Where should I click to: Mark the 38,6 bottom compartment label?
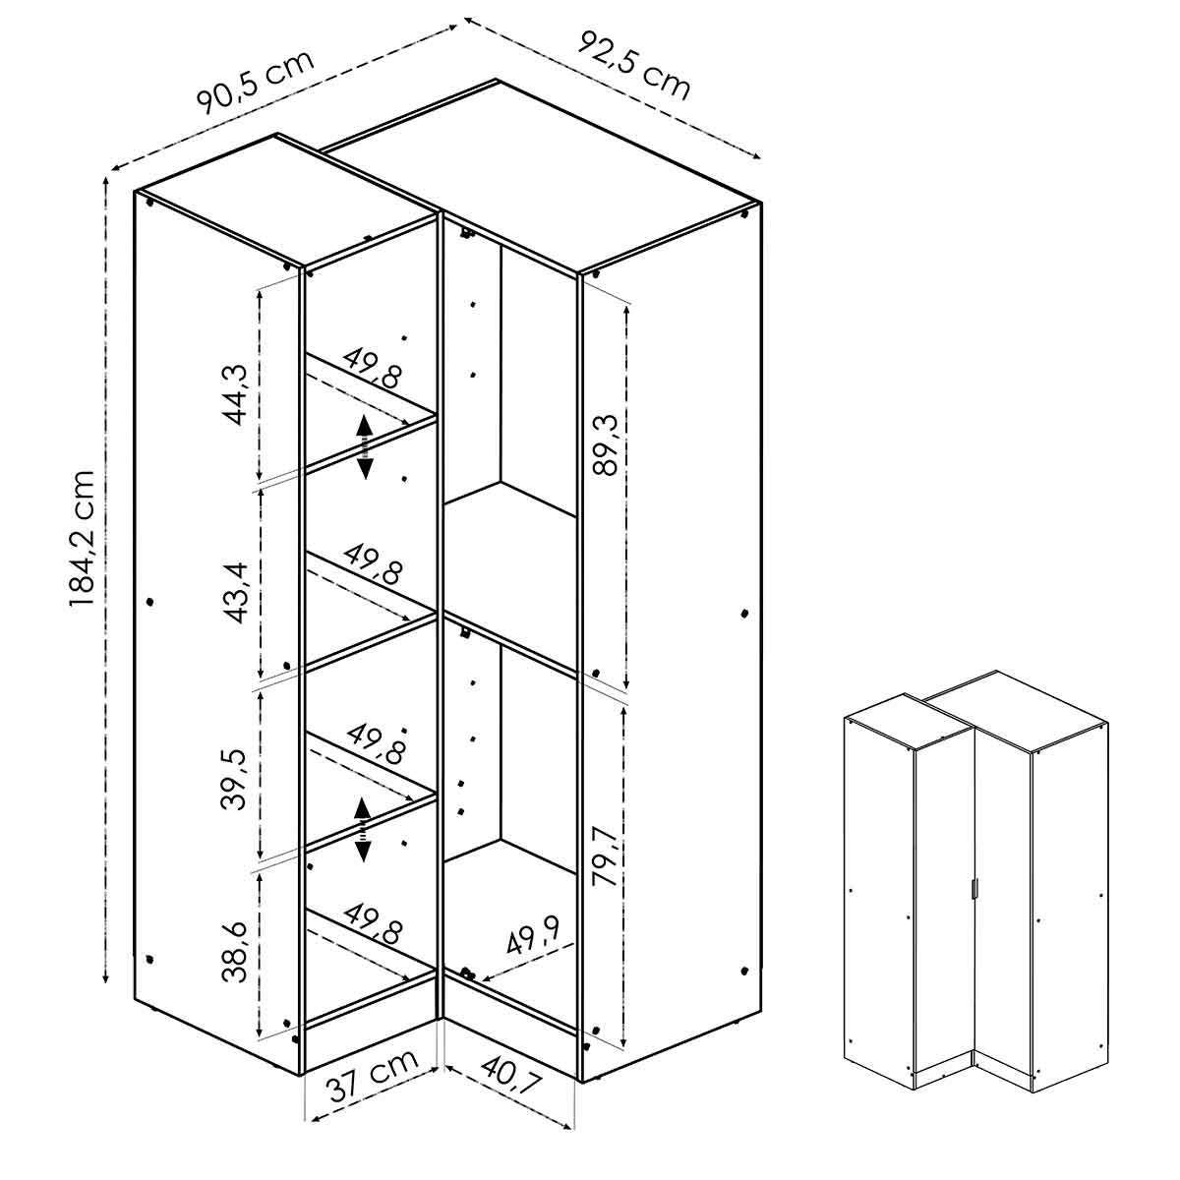(234, 952)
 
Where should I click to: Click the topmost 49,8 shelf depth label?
(373, 366)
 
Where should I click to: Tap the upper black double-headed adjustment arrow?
(365, 446)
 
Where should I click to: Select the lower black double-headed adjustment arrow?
(363, 829)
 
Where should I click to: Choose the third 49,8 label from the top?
(375, 744)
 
